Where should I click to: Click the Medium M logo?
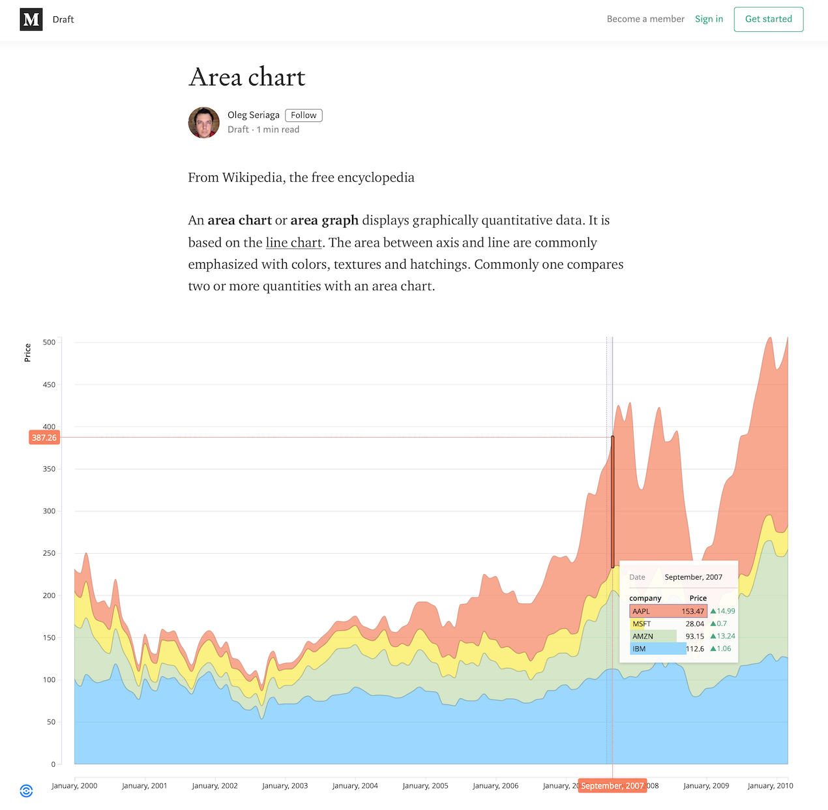click(31, 20)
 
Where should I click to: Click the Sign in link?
click(709, 19)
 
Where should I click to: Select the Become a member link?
click(645, 19)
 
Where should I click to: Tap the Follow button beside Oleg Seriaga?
click(304, 115)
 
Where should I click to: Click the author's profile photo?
click(204, 123)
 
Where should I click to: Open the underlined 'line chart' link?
click(293, 243)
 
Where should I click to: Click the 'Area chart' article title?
click(247, 77)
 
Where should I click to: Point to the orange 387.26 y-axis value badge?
click(44, 438)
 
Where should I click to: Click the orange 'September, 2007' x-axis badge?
click(612, 786)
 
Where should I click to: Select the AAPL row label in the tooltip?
click(641, 612)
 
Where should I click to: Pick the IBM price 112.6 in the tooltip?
click(695, 649)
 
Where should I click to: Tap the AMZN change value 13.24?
click(726, 637)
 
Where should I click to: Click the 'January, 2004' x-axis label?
click(355, 786)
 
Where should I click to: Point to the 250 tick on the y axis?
click(50, 553)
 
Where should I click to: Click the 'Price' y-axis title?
click(27, 352)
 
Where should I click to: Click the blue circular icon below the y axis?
click(26, 791)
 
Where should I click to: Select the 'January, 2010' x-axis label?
click(770, 786)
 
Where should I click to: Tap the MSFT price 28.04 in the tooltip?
click(694, 624)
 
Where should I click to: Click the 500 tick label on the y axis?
click(50, 342)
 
